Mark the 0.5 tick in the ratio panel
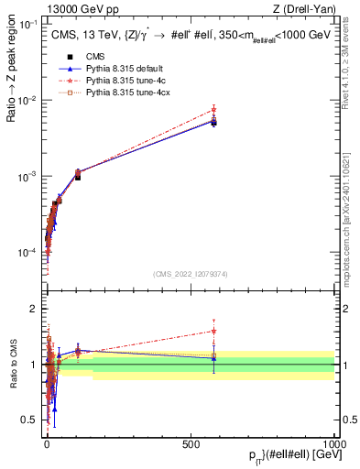click(x=31, y=420)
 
